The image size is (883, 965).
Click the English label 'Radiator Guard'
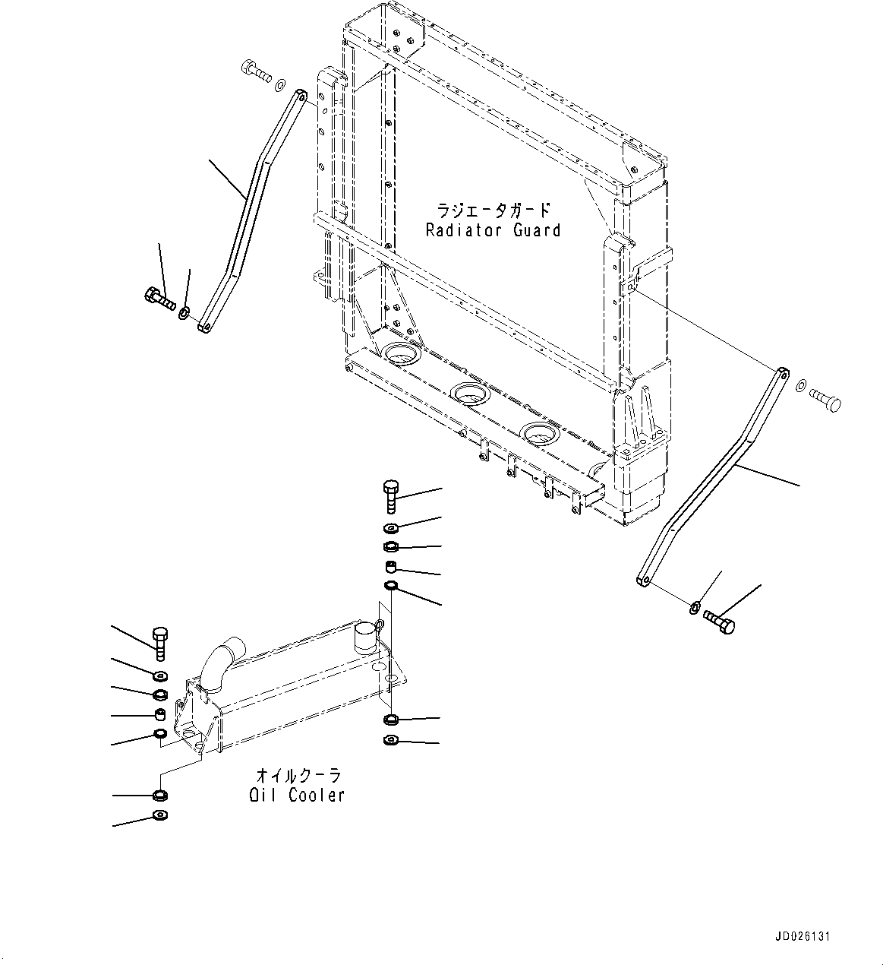493,230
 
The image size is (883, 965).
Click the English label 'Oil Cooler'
297,796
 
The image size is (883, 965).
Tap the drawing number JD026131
803,936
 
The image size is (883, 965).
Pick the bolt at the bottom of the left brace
159,297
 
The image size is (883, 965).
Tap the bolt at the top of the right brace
826,399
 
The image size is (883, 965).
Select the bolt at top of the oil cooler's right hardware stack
391,495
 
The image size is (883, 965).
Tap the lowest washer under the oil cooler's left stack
160,815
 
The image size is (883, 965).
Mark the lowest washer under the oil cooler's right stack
391,741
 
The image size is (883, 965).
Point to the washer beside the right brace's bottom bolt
695,606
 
